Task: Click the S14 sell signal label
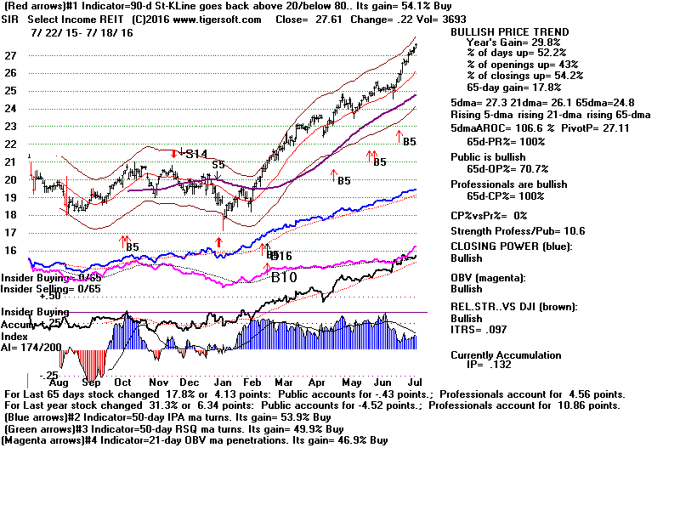pos(196,154)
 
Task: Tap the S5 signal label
pos(218,164)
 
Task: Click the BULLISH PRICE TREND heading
pos(508,32)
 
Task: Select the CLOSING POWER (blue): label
pos(513,246)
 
